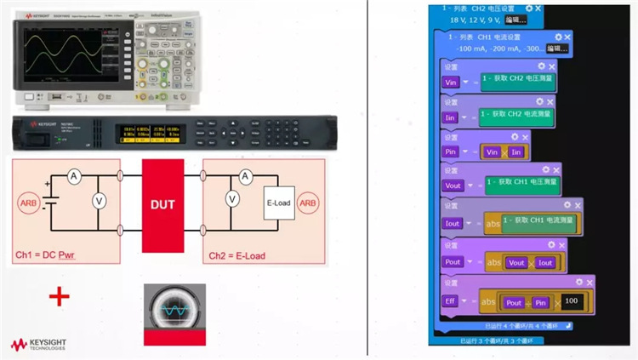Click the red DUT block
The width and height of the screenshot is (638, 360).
162,204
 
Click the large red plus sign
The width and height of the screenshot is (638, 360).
59,296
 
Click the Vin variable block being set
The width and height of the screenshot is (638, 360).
453,83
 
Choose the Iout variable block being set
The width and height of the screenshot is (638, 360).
453,224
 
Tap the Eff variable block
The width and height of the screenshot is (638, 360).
452,302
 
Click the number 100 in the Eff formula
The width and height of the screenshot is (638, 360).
572,302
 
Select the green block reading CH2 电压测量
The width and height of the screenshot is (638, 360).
518,83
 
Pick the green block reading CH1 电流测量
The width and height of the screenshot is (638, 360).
538,223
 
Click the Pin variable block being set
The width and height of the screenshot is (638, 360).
452,151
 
